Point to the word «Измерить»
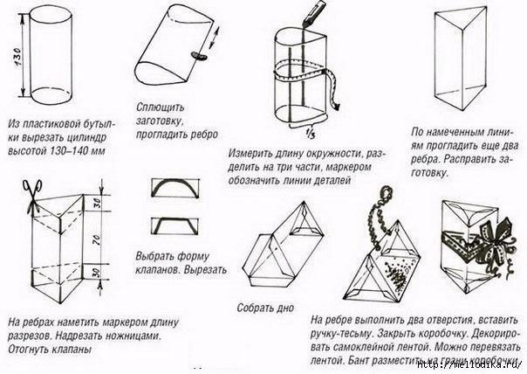(x=250, y=150)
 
